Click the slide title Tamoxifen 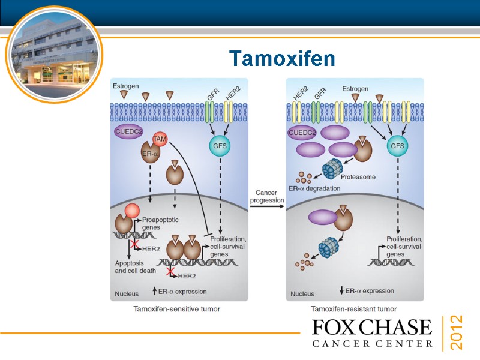[282, 59]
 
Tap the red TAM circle [160, 139]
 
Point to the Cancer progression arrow [267, 206]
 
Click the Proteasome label [358, 177]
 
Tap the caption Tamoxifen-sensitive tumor [176, 309]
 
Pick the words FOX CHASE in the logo [372, 328]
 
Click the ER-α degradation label [314, 188]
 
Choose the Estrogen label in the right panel [355, 89]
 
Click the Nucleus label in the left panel [127, 294]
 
